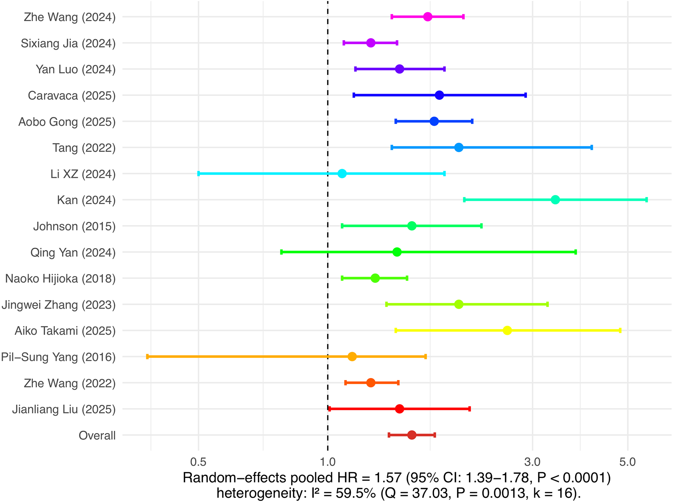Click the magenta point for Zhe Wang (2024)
pyautogui.click(x=428, y=16)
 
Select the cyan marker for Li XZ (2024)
pyautogui.click(x=342, y=174)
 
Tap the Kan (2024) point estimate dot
pyautogui.click(x=555, y=200)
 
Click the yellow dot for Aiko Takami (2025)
pyautogui.click(x=507, y=331)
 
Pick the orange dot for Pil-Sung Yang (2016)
pyautogui.click(x=352, y=357)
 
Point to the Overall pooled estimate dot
pyautogui.click(x=411, y=435)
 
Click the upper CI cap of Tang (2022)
pyautogui.click(x=591, y=148)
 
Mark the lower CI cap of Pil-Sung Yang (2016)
pyautogui.click(x=148, y=357)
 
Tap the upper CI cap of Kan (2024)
pyautogui.click(x=646, y=200)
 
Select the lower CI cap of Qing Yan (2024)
pyautogui.click(x=281, y=252)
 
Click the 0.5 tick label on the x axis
pyautogui.click(x=198, y=462)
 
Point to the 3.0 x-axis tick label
pyautogui.click(x=532, y=462)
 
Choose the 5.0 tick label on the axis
pyautogui.click(x=627, y=462)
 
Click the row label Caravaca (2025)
pyautogui.click(x=72, y=96)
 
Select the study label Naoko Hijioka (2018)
pyautogui.click(x=60, y=278)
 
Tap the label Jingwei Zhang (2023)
pyautogui.click(x=58, y=305)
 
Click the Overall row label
pyautogui.click(x=97, y=435)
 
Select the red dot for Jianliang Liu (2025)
pyautogui.click(x=399, y=409)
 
